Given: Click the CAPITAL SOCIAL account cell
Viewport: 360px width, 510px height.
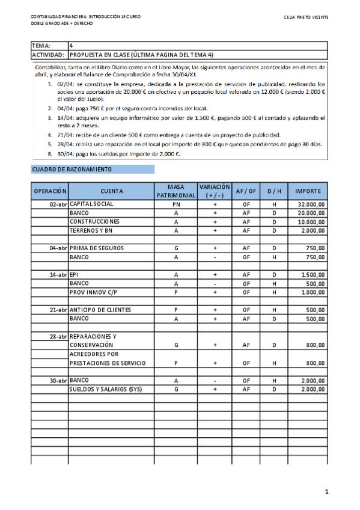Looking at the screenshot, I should [91, 204].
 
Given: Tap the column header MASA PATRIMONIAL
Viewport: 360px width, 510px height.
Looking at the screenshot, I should [175, 191].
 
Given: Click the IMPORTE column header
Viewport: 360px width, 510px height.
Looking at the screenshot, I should [309, 191].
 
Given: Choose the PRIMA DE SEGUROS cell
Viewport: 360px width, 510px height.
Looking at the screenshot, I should [95, 248].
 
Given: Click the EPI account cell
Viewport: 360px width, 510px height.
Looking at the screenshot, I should [75, 274].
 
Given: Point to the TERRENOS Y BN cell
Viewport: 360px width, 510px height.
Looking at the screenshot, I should [91, 230].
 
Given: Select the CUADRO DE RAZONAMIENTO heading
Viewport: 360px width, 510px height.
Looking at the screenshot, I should [71, 170].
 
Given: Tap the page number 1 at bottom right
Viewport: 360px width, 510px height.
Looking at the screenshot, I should [326, 493].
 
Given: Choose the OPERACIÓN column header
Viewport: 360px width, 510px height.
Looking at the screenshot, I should [50, 191].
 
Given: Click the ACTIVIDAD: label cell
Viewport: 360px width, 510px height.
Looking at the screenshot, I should [49, 55].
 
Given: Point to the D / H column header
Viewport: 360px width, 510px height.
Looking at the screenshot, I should [273, 191].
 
